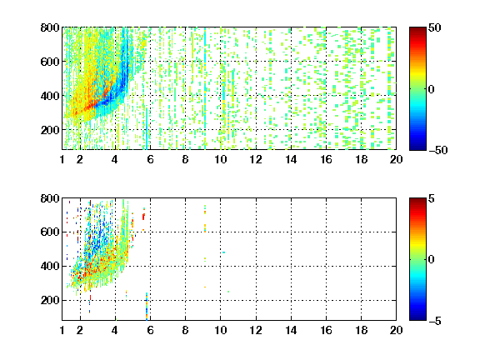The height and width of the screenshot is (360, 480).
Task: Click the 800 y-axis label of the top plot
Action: [x=50, y=27]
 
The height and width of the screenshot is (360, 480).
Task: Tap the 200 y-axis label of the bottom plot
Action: [x=50, y=300]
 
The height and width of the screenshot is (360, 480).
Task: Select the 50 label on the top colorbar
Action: [x=435, y=27]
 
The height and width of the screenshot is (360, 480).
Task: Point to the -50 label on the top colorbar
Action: [x=438, y=150]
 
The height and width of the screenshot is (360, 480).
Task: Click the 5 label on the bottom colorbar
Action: [x=432, y=198]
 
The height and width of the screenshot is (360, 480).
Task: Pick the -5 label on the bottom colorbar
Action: [x=435, y=321]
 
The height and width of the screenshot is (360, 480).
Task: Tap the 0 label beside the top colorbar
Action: [x=432, y=89]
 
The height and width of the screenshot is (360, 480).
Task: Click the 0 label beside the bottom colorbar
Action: [x=432, y=260]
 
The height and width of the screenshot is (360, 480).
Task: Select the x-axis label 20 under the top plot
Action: [x=396, y=159]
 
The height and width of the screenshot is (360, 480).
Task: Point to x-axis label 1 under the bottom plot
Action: [x=62, y=330]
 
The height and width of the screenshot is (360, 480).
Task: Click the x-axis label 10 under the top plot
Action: [x=220, y=159]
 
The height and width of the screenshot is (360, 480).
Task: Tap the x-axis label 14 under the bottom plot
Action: [x=291, y=330]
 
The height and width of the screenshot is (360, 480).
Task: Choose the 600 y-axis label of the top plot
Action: [x=50, y=62]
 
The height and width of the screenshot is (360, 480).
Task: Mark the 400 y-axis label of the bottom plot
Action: [x=50, y=266]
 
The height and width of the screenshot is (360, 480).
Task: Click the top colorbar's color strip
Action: [x=417, y=89]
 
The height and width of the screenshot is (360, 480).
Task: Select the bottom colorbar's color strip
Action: [x=417, y=259]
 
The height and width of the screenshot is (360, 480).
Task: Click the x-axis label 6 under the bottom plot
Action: [x=150, y=330]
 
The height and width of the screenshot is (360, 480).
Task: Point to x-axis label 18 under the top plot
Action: [x=361, y=159]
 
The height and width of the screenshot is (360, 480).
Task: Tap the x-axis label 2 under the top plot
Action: [x=80, y=159]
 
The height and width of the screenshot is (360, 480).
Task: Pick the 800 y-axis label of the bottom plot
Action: [x=50, y=198]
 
